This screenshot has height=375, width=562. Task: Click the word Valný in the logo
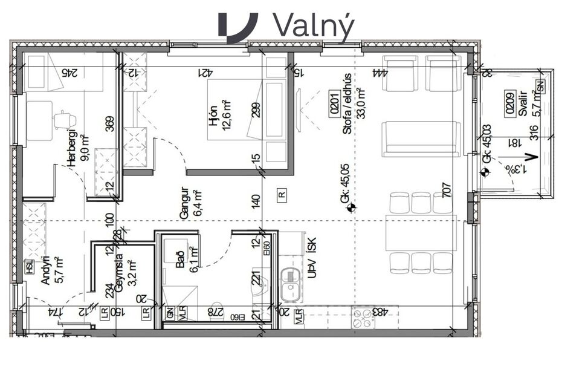pos(313,25)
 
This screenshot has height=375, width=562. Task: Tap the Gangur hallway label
pos(185,203)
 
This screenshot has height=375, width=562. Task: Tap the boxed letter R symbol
pos(282,194)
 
